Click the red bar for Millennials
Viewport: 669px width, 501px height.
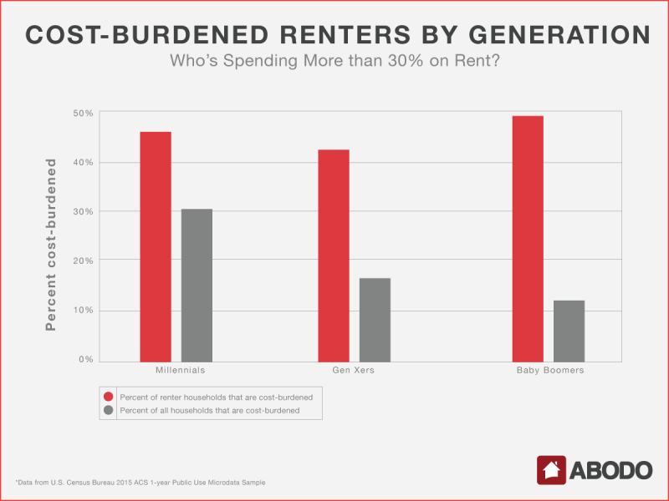coord(156,247)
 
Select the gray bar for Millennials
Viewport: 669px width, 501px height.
coord(197,286)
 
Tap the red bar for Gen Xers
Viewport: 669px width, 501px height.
coord(334,256)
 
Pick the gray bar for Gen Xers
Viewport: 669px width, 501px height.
coord(375,320)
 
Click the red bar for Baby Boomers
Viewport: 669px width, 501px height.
coord(528,239)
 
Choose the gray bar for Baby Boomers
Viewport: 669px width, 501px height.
coord(569,331)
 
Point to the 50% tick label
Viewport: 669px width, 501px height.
coord(83,114)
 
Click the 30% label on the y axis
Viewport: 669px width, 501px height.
coord(83,212)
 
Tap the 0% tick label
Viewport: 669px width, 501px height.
coord(86,360)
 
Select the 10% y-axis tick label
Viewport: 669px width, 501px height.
coord(83,310)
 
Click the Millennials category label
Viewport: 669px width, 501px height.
coord(180,370)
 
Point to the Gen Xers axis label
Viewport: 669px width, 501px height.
coord(353,370)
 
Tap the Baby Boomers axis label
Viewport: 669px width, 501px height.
coord(550,370)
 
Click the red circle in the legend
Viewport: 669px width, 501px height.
coord(109,397)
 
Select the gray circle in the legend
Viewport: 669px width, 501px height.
coord(109,410)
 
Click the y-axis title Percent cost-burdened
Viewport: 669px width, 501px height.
coord(51,245)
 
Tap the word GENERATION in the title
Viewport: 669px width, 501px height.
coord(559,35)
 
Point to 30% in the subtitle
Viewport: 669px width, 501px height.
coord(406,60)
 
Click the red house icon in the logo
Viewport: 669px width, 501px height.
coord(551,470)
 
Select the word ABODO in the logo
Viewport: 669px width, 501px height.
coord(610,470)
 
